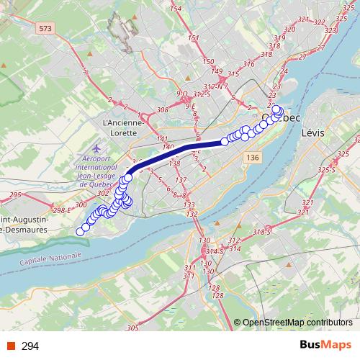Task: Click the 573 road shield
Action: coord(47,28)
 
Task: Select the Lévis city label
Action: coord(313,133)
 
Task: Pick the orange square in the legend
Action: coord(12,346)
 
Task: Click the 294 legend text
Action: coord(30,346)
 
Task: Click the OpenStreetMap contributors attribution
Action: coord(297,323)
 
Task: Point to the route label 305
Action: coord(132,328)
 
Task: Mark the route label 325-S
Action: coord(327,170)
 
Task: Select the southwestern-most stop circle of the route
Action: coord(81,231)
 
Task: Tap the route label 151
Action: coord(193,38)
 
